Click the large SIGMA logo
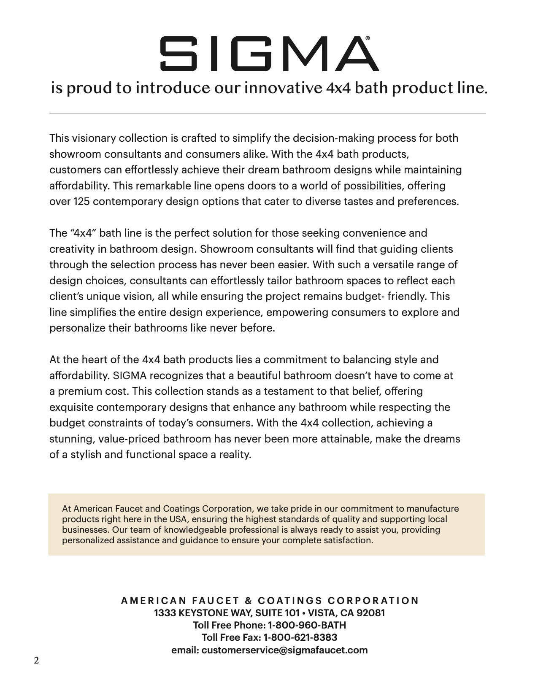(269, 54)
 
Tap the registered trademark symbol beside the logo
(368, 38)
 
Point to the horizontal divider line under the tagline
(268, 113)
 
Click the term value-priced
(129, 439)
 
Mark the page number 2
(36, 661)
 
